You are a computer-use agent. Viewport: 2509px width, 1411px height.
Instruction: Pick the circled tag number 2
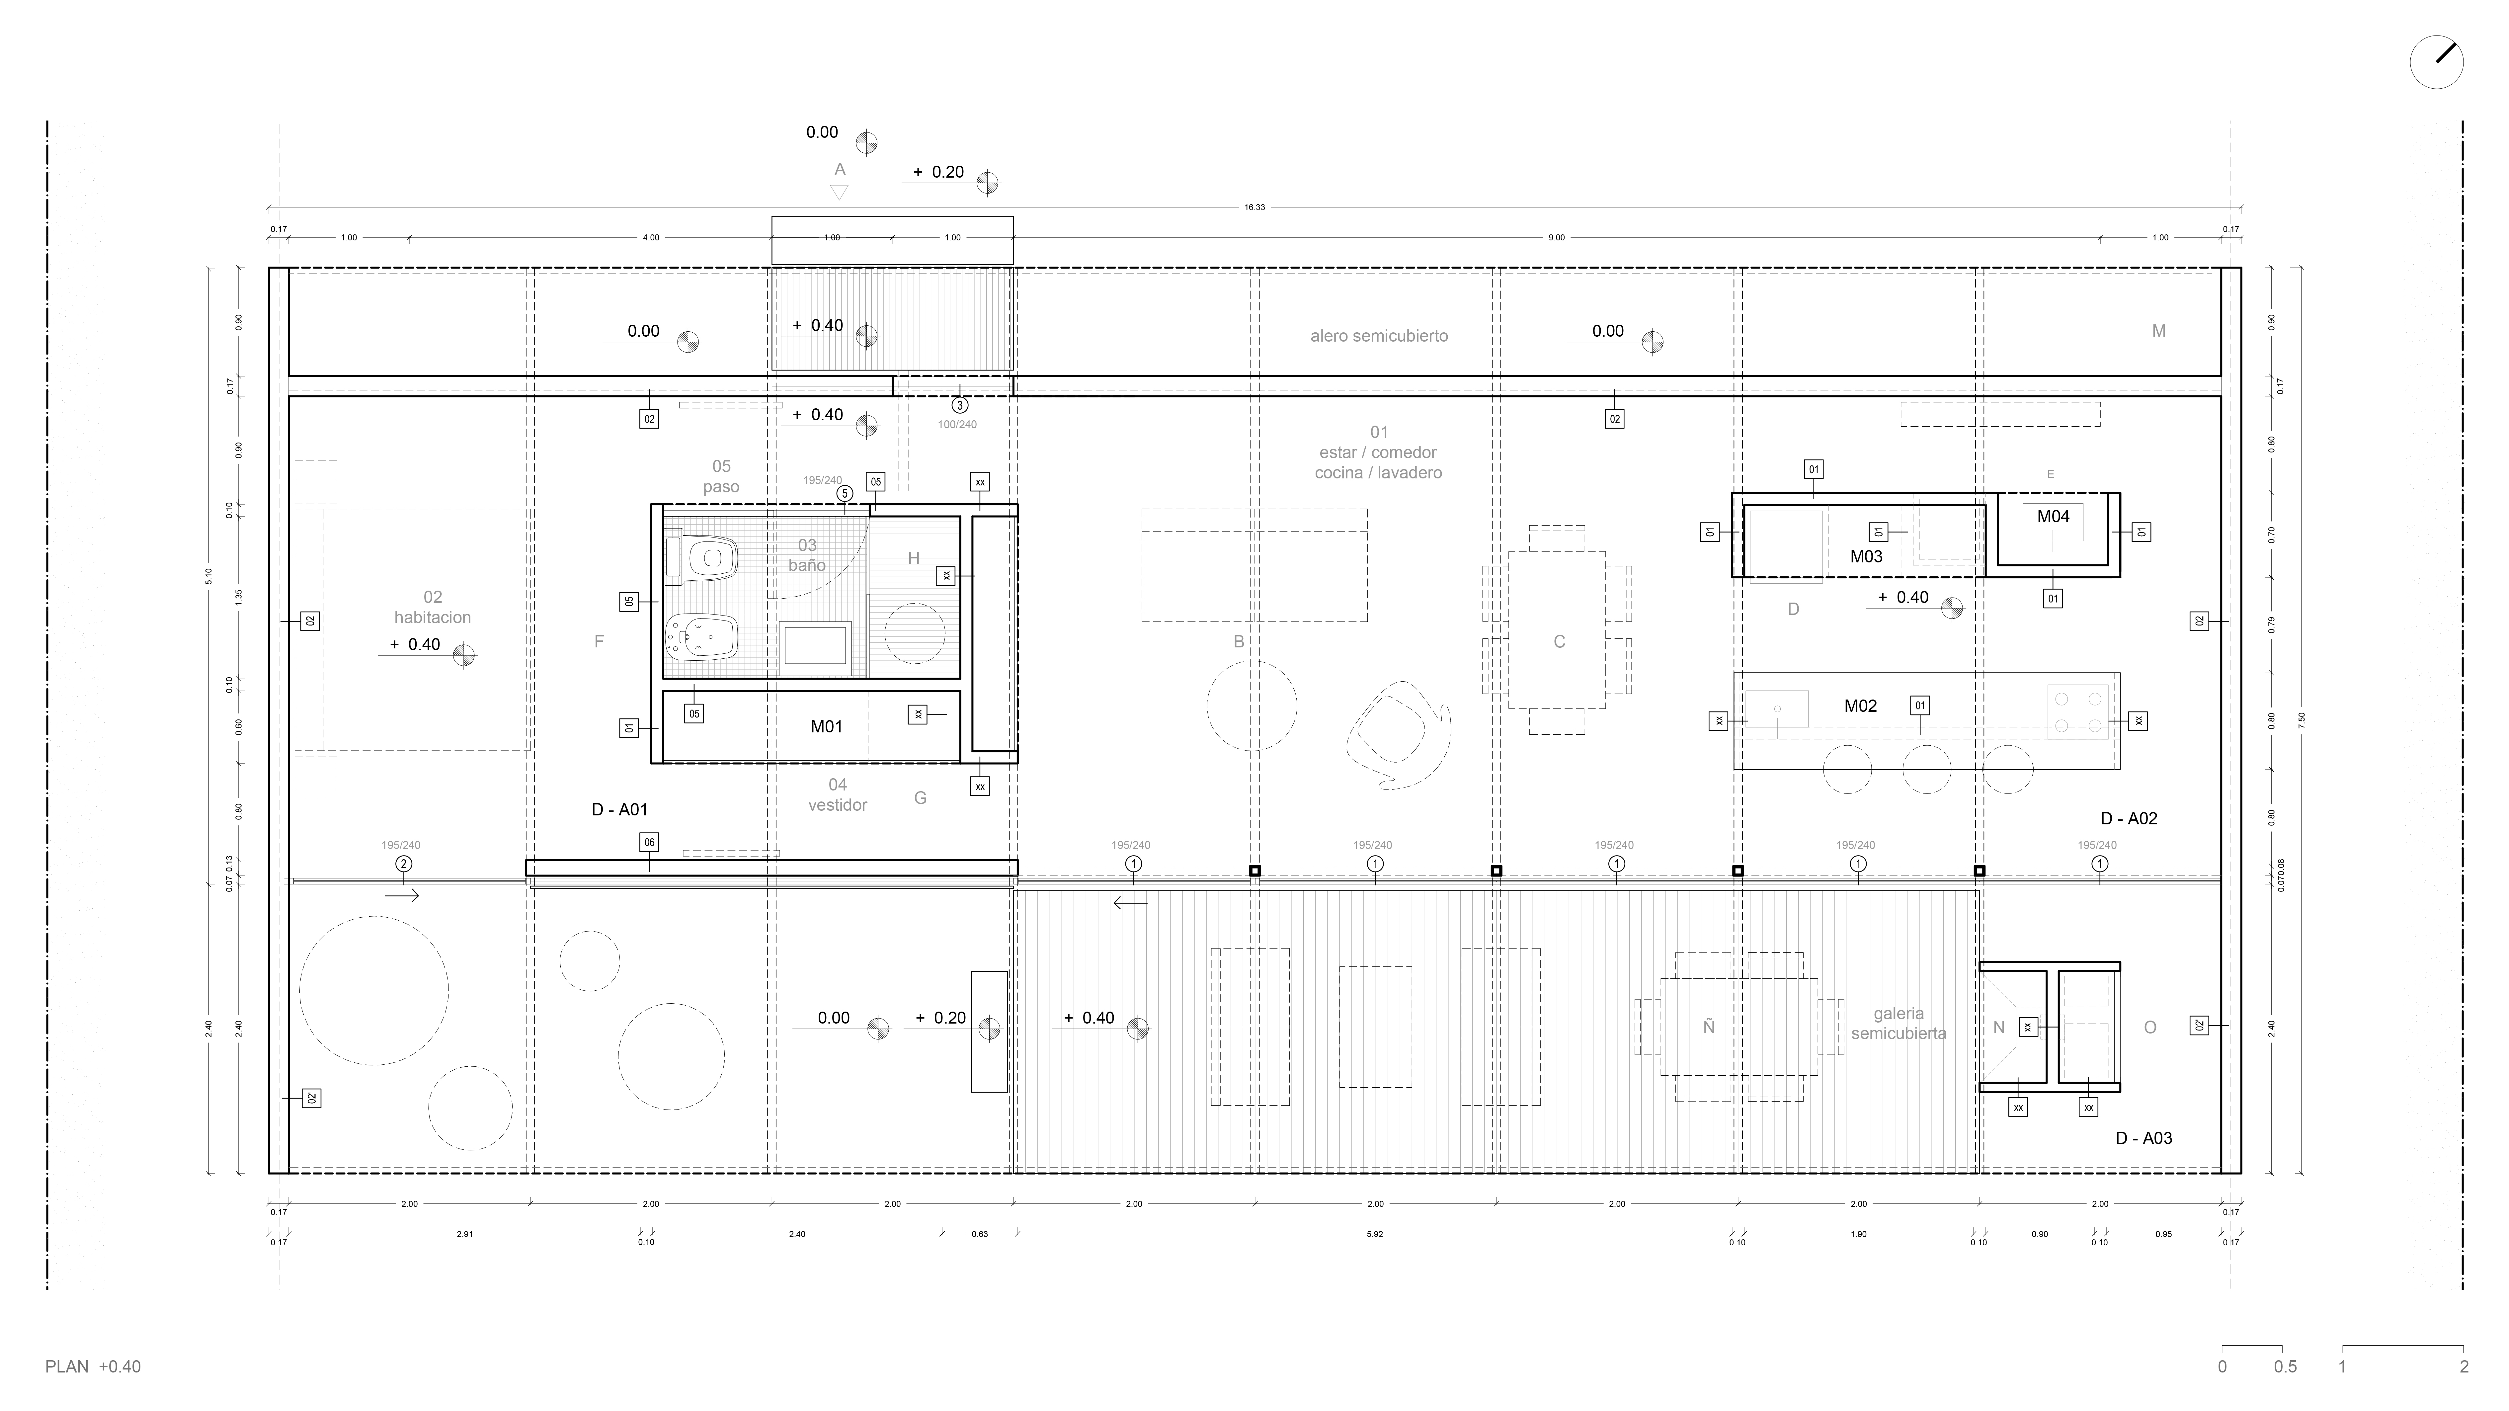tap(403, 864)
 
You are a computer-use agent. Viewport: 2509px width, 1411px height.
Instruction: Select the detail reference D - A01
tap(619, 809)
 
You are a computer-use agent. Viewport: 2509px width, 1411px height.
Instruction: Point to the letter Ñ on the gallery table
tap(1708, 1027)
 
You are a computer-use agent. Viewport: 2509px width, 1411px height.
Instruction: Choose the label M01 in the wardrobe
tap(826, 726)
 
